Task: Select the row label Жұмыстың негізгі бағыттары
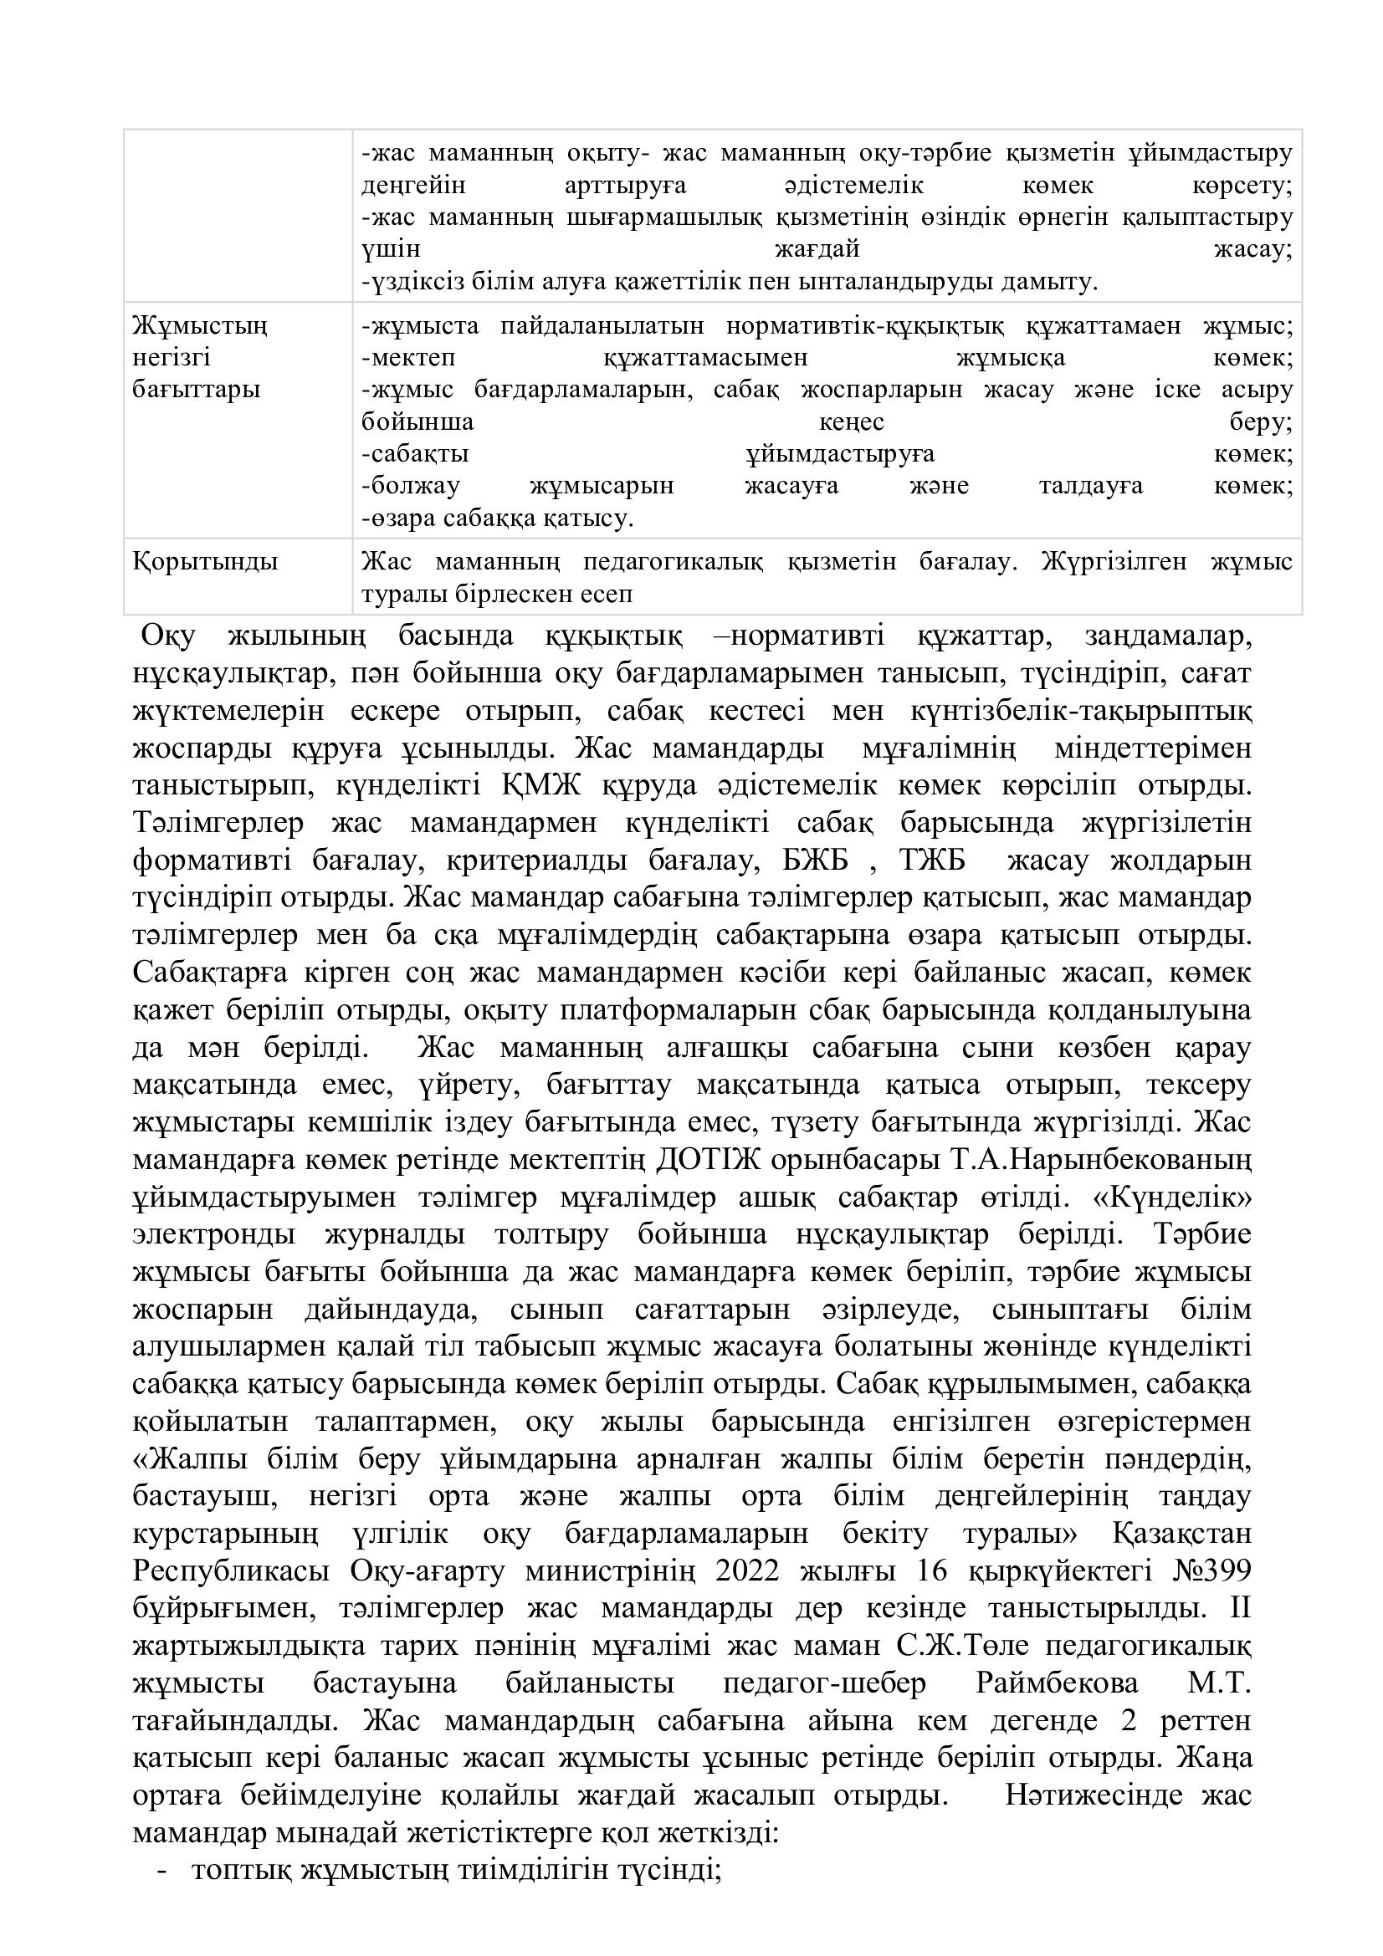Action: tap(199, 358)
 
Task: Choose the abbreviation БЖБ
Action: tap(817, 861)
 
